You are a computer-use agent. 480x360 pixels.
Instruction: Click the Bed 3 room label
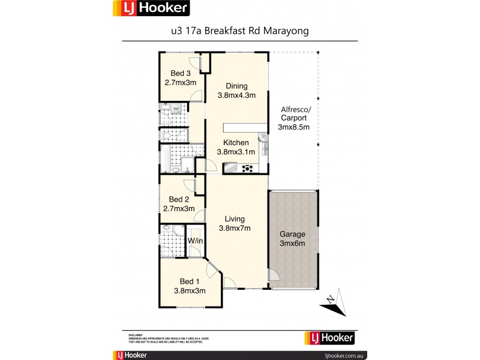click(x=180, y=73)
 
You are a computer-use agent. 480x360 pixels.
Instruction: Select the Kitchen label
click(x=236, y=143)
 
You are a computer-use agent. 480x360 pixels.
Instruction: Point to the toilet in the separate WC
click(x=166, y=136)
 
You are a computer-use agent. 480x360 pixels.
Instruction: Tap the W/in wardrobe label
click(x=195, y=241)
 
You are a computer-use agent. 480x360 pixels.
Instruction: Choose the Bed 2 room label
click(x=179, y=199)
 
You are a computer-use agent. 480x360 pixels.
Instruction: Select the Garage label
click(x=292, y=234)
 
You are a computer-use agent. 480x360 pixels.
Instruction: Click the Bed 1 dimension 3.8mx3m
click(x=190, y=290)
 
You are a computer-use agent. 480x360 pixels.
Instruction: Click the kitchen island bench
click(x=241, y=127)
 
